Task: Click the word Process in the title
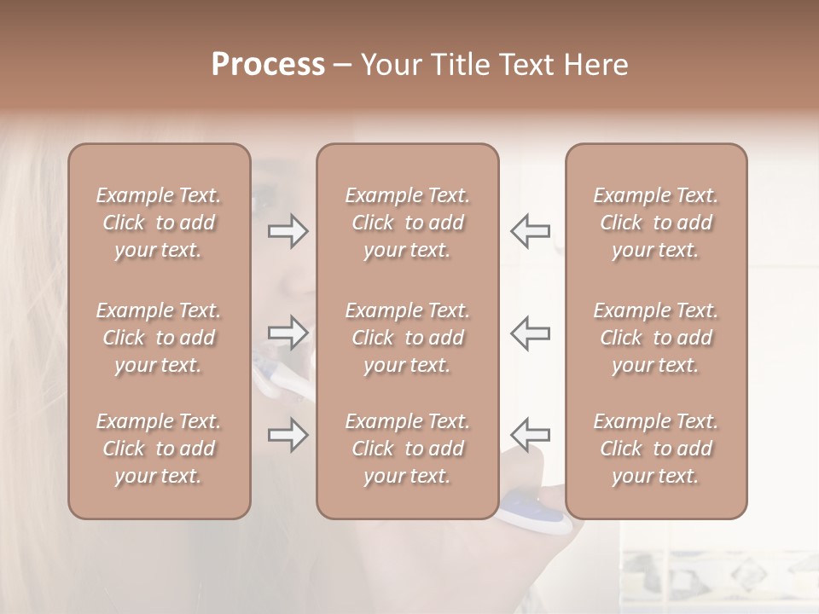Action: (x=268, y=65)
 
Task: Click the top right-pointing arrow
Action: (x=288, y=231)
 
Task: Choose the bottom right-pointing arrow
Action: (x=288, y=435)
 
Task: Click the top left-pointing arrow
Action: (x=531, y=231)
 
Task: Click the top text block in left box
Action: (x=159, y=223)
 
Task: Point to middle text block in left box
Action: (x=159, y=338)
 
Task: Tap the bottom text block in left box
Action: (x=159, y=449)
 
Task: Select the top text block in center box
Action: (x=408, y=223)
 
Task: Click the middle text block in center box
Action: (x=408, y=338)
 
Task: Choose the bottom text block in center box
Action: (x=408, y=449)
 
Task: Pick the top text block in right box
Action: (x=656, y=223)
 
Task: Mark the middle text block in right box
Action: (x=656, y=338)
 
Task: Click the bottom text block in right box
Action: (x=656, y=449)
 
